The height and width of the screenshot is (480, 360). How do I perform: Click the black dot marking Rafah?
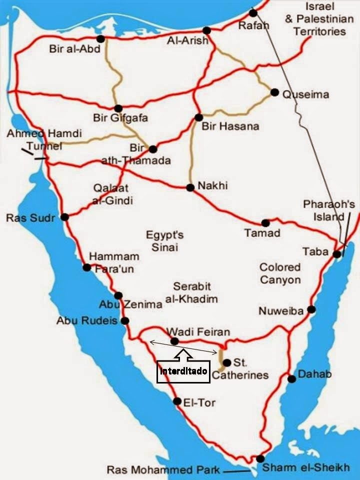coord(253,13)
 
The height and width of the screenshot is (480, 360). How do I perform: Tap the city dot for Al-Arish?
coord(207,30)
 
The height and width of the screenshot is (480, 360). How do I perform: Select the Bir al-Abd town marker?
coord(101,38)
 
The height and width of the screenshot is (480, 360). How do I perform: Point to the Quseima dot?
coord(274,92)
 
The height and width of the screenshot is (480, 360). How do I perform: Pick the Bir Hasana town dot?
coord(198,117)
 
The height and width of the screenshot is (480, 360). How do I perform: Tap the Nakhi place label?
coord(212,185)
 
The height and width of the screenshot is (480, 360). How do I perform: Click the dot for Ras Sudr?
coord(64,217)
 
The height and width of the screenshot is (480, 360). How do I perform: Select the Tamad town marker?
coord(265,223)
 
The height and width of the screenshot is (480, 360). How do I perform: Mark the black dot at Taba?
coord(337,254)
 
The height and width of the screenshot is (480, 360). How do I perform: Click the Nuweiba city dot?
coord(311,309)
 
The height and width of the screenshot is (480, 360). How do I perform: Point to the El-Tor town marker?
coord(177,401)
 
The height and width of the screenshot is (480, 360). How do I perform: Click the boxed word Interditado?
coord(182,371)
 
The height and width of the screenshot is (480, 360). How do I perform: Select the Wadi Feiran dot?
coord(174,341)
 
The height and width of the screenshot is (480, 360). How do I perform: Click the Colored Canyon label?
coord(280,273)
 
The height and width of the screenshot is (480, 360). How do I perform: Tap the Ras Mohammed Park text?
coord(162,470)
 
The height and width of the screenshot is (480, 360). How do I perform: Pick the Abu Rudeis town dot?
coord(125,320)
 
